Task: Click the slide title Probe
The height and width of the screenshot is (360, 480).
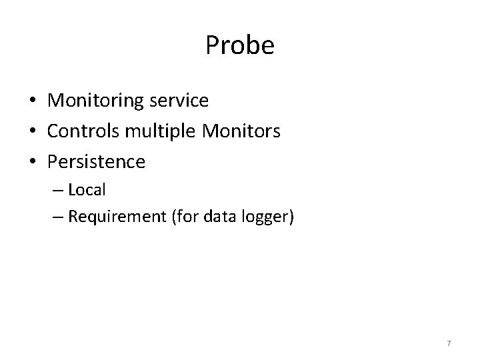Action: pyautogui.click(x=240, y=46)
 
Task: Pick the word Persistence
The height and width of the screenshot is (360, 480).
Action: pyautogui.click(x=96, y=161)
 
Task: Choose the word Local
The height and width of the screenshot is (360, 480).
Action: pyautogui.click(x=87, y=190)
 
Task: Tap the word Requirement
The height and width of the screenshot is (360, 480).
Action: pyautogui.click(x=118, y=217)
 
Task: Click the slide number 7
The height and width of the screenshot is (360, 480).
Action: pyautogui.click(x=449, y=343)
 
